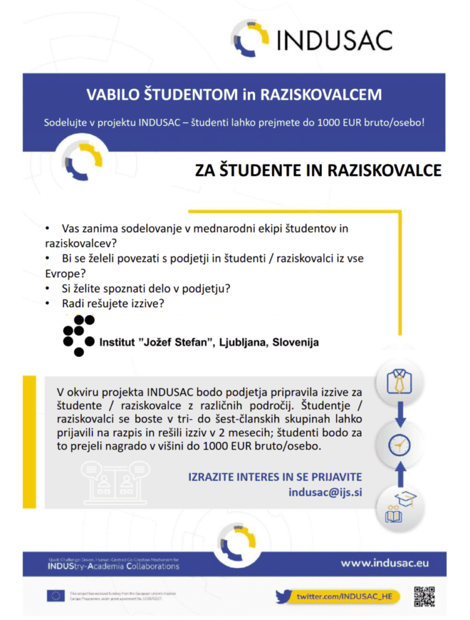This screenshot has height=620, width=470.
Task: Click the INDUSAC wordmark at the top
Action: [334, 40]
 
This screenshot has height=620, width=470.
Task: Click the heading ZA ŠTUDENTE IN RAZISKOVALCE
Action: [318, 170]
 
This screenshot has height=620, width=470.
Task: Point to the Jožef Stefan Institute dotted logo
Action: [78, 335]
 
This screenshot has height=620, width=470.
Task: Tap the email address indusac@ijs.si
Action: [325, 491]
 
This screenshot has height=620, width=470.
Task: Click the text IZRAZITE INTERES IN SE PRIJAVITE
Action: [275, 477]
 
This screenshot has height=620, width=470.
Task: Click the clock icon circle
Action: [398, 444]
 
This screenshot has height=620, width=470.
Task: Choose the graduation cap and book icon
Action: [398, 506]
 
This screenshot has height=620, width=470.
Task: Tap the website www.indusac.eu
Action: [385, 562]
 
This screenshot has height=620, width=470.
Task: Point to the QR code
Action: [424, 597]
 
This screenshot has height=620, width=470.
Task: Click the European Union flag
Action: [56, 596]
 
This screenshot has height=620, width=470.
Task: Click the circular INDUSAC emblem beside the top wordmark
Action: [250, 39]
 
